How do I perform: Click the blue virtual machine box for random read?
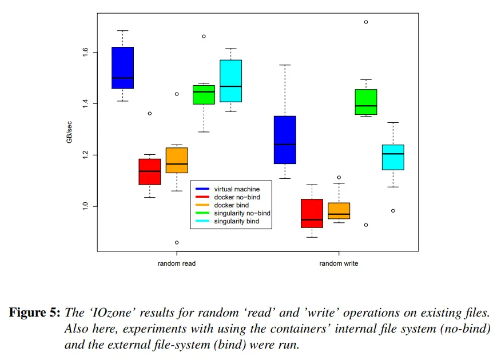(x=122, y=67)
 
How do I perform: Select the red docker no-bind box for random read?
(x=150, y=171)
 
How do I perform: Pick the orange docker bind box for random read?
(x=177, y=160)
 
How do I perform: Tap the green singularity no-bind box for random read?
(x=204, y=95)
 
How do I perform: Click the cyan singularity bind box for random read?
(x=230, y=81)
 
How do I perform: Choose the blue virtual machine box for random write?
(x=285, y=140)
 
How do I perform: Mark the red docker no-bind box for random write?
(x=312, y=213)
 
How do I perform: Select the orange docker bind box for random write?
(x=339, y=210)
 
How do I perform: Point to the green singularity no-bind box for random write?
(x=366, y=102)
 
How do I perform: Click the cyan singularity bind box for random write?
(x=393, y=157)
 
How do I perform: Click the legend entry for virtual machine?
(x=236, y=189)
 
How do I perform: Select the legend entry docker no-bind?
(x=236, y=197)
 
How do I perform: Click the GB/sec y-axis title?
(x=70, y=131)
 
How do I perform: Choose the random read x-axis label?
(x=177, y=264)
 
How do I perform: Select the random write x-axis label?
(x=339, y=264)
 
